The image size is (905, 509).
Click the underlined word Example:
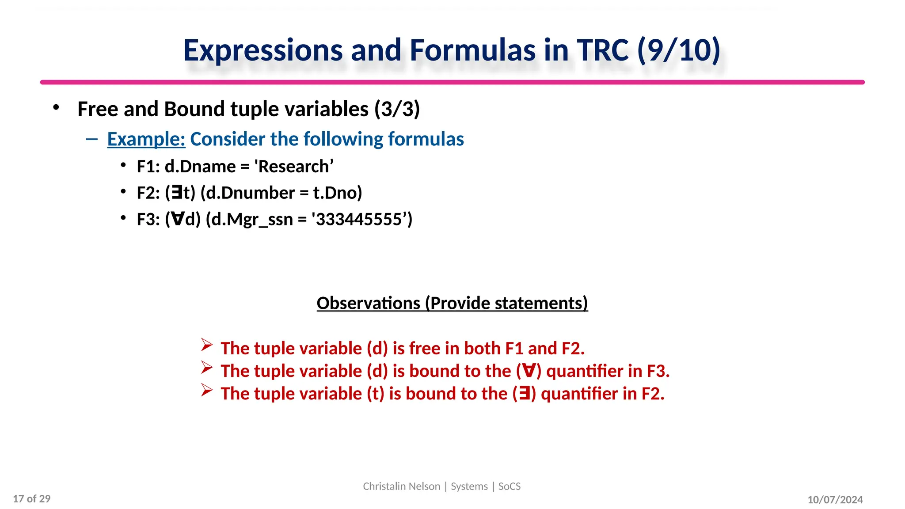[146, 139]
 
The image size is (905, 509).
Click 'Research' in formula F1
[293, 167]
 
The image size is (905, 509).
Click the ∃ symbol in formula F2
[177, 193]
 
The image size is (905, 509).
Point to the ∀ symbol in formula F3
[178, 220]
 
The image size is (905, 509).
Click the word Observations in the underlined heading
[369, 304]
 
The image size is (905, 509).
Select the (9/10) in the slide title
[679, 50]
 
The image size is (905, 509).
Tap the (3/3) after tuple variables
[397, 109]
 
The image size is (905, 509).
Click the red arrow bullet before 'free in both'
[207, 345]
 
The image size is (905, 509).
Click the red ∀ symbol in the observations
[529, 371]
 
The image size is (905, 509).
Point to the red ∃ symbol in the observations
[524, 394]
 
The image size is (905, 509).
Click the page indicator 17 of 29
[32, 499]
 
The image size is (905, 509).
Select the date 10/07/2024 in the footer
[835, 500]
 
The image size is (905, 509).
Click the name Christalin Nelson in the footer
[401, 486]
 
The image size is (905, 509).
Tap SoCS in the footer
[509, 486]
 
